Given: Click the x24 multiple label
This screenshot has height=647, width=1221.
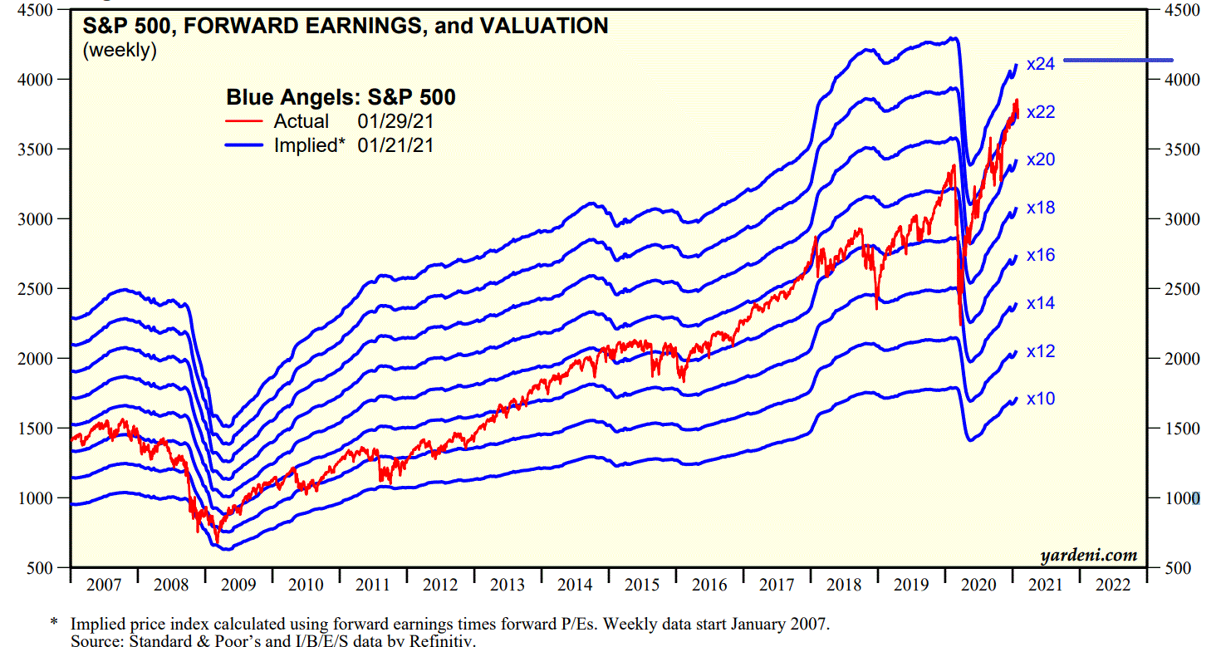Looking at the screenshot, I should (x=1041, y=63).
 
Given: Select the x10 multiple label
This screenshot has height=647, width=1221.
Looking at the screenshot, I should (x=1041, y=399).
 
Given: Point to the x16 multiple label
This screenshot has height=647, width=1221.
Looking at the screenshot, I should (x=1041, y=255).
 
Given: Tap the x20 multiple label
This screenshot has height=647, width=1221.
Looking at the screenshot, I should (x=1041, y=159).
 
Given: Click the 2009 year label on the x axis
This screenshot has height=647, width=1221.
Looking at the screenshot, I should (x=238, y=585).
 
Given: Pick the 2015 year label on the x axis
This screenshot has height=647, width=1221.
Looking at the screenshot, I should (x=642, y=585).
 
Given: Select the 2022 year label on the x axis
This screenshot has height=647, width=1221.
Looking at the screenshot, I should (x=1112, y=585).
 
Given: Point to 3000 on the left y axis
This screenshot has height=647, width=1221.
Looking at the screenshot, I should (x=37, y=219).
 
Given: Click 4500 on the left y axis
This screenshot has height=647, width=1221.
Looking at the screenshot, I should (x=37, y=10).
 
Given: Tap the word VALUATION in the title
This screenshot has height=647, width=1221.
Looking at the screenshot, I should (x=541, y=27).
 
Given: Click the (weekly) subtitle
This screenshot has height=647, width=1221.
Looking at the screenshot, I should (x=120, y=50).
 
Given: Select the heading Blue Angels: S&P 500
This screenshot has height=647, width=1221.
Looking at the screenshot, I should (x=341, y=98).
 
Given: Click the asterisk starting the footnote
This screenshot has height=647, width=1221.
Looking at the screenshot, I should (x=54, y=623).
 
